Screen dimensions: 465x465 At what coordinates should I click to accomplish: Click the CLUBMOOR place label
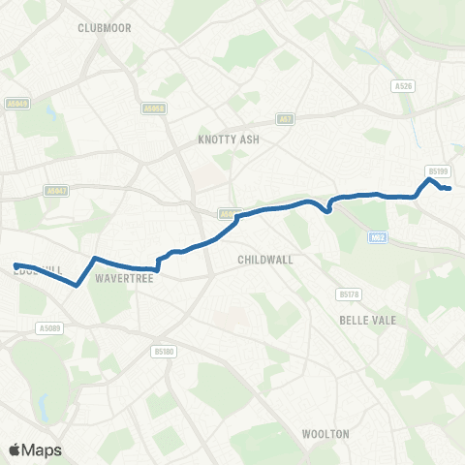(104, 28)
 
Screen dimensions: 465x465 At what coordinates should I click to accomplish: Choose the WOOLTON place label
(325, 434)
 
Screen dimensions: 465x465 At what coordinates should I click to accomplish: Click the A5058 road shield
(153, 108)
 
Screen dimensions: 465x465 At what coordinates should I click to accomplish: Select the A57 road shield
(285, 119)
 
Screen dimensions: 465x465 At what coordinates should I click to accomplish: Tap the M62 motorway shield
(379, 235)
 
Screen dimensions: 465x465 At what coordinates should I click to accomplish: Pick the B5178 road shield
(349, 293)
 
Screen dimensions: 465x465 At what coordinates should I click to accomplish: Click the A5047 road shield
(56, 191)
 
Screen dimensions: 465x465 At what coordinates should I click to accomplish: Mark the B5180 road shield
(163, 352)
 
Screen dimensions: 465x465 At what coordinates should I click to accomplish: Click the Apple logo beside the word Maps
(15, 449)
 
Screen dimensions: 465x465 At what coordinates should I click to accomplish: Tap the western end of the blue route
(15, 264)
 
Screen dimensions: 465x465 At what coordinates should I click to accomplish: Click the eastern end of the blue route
(450, 188)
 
